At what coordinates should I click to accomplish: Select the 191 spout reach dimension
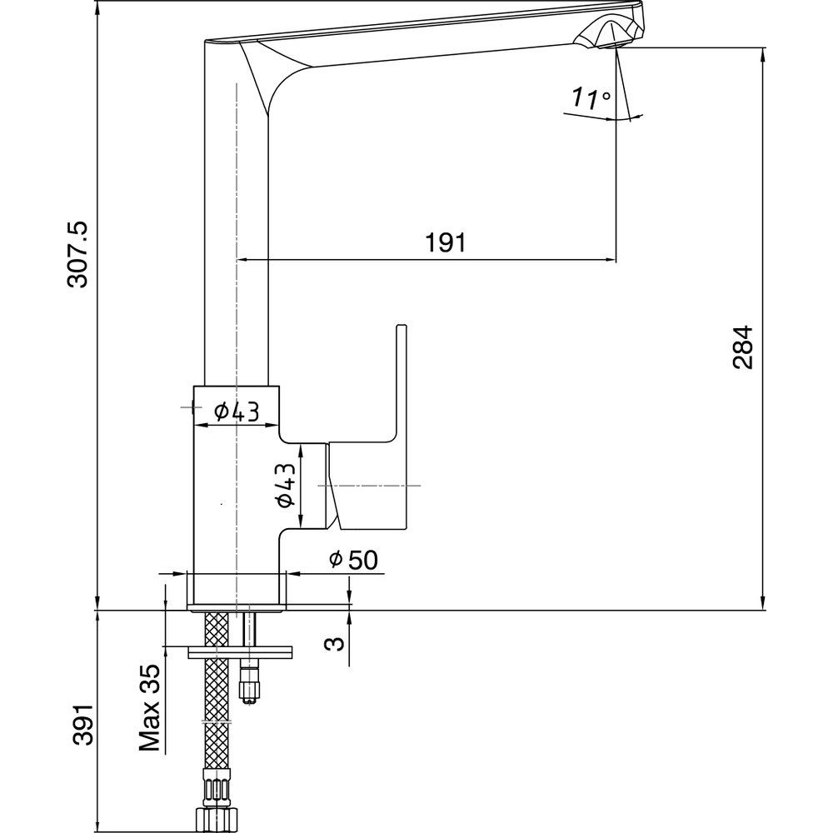point(446,242)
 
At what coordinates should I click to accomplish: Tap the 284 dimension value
point(743,347)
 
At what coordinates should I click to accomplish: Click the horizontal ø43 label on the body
point(236,411)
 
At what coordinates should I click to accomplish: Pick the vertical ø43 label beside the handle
point(286,486)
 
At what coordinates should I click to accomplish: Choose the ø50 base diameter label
point(353,561)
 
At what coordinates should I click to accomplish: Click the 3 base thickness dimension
point(332,643)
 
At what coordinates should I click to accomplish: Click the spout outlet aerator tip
point(613,38)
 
